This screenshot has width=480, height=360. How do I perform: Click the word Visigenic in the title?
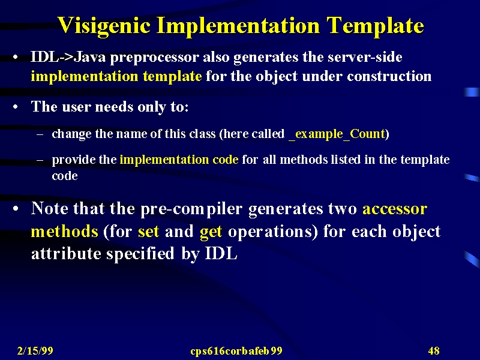(x=104, y=26)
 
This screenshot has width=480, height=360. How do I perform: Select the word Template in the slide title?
(x=375, y=26)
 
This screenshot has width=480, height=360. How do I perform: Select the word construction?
(x=389, y=76)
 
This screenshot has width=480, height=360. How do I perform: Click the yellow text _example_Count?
(x=337, y=134)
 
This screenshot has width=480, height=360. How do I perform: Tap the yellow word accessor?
(x=395, y=209)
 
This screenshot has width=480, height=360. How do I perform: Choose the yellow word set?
(x=148, y=232)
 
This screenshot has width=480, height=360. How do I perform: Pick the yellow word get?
(x=211, y=232)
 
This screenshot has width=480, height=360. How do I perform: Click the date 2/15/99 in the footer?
(x=35, y=351)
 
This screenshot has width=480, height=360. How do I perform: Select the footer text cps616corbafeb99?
(x=236, y=351)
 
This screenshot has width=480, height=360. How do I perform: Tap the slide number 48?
(x=434, y=351)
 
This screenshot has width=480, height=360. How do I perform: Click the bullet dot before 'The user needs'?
(x=16, y=107)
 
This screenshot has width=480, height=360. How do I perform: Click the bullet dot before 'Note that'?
(x=16, y=209)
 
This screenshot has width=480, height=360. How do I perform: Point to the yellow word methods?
(x=65, y=232)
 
